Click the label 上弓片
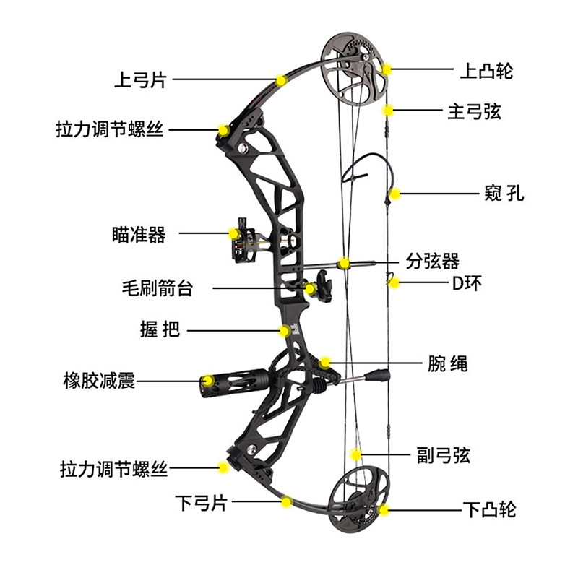tap(140, 79)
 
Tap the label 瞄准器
tap(139, 234)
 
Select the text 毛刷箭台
tap(158, 288)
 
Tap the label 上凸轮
tap(486, 71)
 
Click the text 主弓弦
tap(474, 111)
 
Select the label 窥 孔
tap(504, 194)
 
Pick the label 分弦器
tap(433, 261)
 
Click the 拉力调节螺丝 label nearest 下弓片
tap(113, 469)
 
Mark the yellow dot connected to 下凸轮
tap(384, 509)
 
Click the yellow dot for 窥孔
tap(395, 194)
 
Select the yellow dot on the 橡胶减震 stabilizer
tap(207, 381)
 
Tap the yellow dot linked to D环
tap(394, 283)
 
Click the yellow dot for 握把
tap(286, 330)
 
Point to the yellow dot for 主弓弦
tap(388, 111)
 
